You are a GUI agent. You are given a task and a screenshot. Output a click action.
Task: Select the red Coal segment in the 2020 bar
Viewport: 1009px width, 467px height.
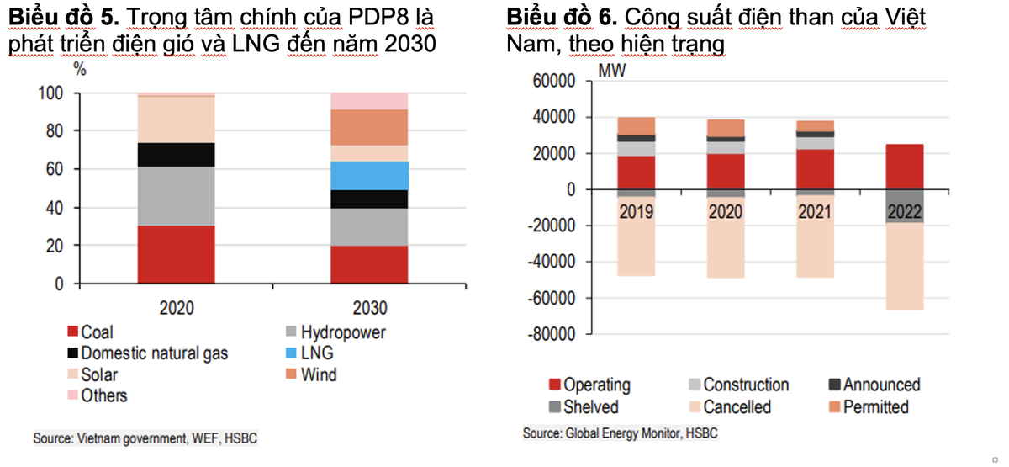(x=176, y=254)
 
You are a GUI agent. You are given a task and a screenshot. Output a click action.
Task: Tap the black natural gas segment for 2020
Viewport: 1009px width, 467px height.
(x=176, y=155)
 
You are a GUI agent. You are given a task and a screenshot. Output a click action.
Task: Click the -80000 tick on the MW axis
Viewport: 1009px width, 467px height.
(x=550, y=334)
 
